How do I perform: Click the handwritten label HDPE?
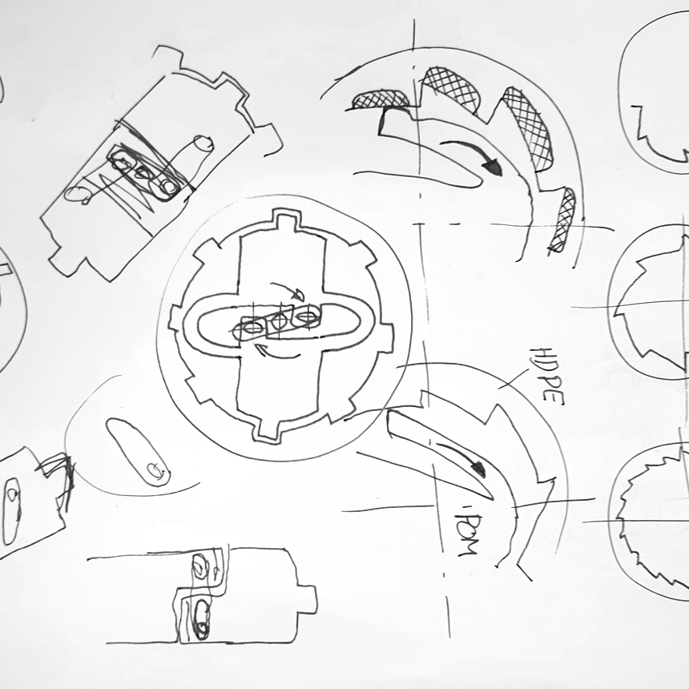click(548, 376)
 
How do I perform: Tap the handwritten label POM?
click(466, 534)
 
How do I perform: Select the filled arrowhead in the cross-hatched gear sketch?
click(492, 167)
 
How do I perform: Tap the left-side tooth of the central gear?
click(175, 319)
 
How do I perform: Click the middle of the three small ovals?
click(279, 321)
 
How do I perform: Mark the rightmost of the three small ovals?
click(306, 315)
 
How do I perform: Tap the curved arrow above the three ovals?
click(287, 291)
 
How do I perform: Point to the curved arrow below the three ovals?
click(277, 353)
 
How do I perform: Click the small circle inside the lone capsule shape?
click(155, 470)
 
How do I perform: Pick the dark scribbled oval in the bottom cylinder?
click(202, 619)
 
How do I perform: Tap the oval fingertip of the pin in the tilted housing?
click(203, 143)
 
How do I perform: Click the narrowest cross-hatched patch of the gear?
click(563, 220)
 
